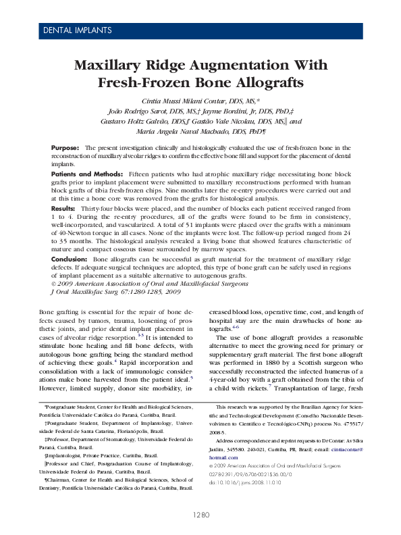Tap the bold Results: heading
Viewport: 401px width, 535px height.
[x=63, y=209]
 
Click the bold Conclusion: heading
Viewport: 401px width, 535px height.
[x=70, y=259]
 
